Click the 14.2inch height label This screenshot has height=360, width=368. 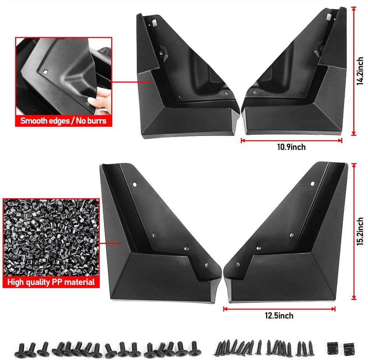360,71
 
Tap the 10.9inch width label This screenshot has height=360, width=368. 291,147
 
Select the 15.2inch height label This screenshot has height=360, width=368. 360,232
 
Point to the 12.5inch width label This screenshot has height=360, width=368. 279,316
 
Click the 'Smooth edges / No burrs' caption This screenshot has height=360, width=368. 63,121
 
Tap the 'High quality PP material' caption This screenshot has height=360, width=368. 51,282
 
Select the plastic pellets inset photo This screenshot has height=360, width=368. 51,237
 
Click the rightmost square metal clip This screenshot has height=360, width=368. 349,349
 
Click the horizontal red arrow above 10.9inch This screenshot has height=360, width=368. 291,141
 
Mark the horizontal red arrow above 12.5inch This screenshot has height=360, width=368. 279,309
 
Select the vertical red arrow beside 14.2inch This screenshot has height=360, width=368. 354,71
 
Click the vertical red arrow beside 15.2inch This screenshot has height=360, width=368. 354,232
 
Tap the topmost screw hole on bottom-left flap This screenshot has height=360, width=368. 135,184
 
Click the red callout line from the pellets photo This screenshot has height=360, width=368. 110,243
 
